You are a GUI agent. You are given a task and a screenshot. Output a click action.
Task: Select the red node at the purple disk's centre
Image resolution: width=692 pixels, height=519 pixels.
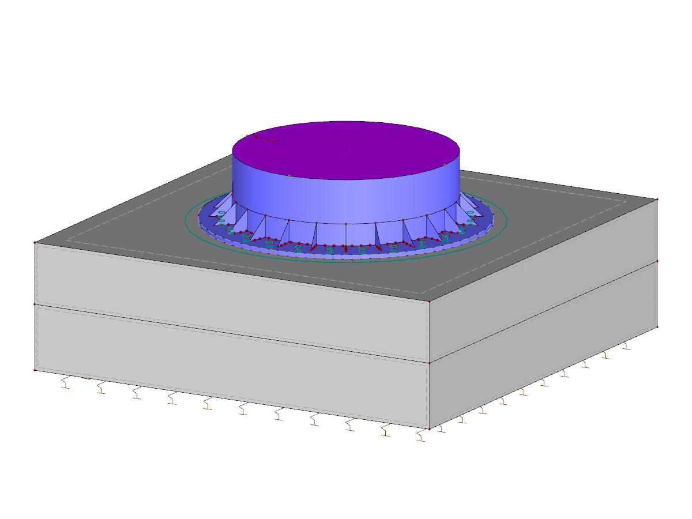coord(346,151)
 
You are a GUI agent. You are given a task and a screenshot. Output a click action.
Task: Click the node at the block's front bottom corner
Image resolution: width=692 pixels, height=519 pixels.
coord(429,429)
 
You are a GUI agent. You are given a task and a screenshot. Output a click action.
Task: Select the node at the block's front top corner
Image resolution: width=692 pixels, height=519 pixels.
coord(429,300)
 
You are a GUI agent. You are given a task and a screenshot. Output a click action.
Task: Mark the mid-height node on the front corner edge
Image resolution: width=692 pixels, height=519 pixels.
coord(429,363)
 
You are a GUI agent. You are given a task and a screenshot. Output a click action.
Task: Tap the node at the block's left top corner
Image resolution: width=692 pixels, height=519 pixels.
coord(35,243)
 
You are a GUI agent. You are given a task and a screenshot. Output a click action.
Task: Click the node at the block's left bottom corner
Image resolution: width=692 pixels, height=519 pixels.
coord(35,370)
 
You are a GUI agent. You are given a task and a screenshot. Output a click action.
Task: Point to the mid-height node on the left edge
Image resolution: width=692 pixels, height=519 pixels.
coord(35,304)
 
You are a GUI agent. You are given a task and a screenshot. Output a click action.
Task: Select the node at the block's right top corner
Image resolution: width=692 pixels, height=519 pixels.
coord(657,200)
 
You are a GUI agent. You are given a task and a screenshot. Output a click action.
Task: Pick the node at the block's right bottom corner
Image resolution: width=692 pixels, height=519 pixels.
coord(657,326)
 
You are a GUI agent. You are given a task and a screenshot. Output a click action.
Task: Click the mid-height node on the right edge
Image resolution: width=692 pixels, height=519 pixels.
coord(657,261)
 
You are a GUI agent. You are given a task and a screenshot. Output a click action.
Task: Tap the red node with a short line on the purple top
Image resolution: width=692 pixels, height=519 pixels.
coord(256,137)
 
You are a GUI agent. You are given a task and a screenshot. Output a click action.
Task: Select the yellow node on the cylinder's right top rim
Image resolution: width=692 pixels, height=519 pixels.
coord(445,165)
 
